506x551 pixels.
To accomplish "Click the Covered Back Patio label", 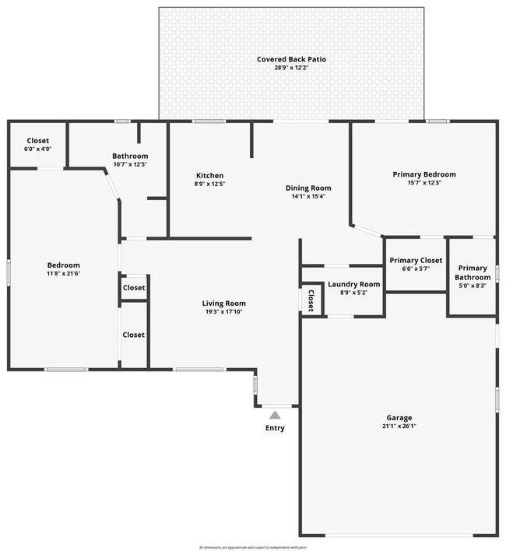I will (x=292, y=59).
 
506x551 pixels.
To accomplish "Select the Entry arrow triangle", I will (x=275, y=415).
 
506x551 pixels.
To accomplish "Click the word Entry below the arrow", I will (x=275, y=428).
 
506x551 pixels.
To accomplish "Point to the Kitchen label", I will (x=209, y=175).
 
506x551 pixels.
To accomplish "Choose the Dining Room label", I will (x=308, y=188).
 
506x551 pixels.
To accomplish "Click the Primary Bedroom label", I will (x=423, y=174).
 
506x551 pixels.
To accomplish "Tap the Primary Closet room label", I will (x=416, y=260).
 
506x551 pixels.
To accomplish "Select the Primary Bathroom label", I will (x=473, y=272).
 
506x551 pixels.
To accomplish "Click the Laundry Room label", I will (x=353, y=284).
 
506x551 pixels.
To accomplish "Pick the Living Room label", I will (x=223, y=304).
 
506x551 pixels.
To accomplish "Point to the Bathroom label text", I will (x=130, y=156).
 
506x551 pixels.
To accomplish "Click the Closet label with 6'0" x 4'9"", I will (x=37, y=141).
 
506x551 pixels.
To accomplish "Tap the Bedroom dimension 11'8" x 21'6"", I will (x=63, y=274).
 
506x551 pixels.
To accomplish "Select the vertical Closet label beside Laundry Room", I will (x=311, y=298).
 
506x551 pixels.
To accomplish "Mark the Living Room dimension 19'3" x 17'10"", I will (x=223, y=312).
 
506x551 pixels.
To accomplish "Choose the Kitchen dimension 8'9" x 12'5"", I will (x=209, y=184).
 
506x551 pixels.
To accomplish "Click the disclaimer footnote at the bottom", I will (x=253, y=547).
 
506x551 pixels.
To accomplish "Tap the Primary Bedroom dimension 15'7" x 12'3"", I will (x=423, y=183).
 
